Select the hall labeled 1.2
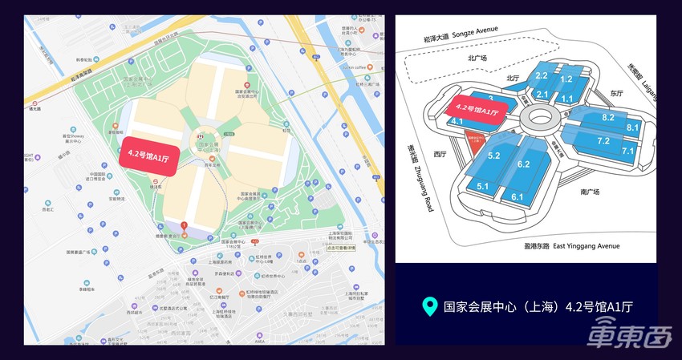coord(566,79)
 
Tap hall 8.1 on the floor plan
coord(632,127)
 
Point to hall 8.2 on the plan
coord(607,117)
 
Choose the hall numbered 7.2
coord(603,141)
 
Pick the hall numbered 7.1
coord(627,151)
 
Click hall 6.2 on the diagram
coord(524,164)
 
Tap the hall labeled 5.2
coord(494,155)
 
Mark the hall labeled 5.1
coord(483,185)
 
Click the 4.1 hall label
coord(457,121)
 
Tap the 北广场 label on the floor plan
coord(477,58)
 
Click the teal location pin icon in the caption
coord(430,306)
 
